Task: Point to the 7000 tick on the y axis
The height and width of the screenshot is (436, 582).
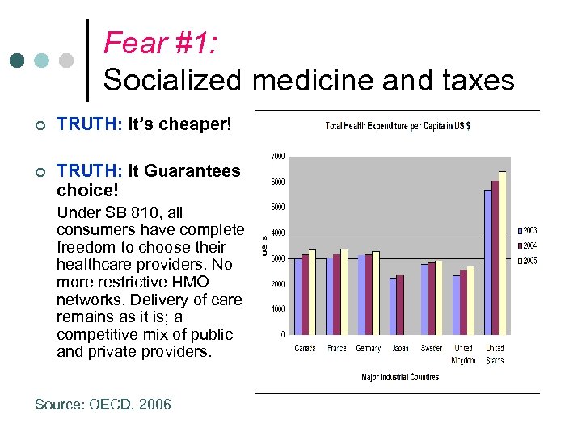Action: coord(276,157)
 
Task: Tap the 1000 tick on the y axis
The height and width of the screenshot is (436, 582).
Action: coord(276,309)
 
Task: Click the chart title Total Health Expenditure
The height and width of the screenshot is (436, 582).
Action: coord(398,126)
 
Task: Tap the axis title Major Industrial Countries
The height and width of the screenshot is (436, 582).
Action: coord(400,377)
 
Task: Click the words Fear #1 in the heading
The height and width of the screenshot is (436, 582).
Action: coord(159,42)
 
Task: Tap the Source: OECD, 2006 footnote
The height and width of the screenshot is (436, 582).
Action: coord(103,405)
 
